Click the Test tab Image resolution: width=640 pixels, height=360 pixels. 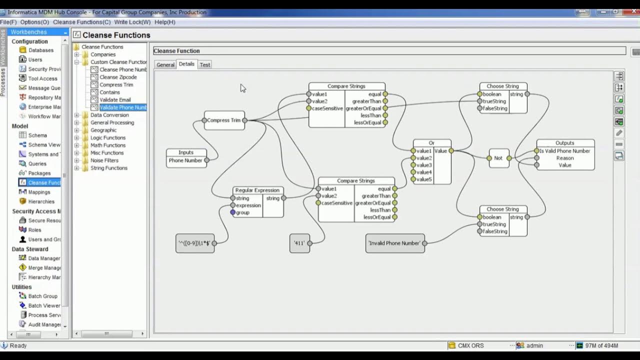205,64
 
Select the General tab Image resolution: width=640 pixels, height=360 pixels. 165,64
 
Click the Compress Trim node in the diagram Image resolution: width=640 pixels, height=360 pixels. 224,120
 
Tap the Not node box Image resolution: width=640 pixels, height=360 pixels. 498,158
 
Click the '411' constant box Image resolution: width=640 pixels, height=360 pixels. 299,243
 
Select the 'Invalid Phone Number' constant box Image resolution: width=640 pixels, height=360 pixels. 394,243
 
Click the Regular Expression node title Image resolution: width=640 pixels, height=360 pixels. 257,190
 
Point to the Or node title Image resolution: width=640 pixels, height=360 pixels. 431,143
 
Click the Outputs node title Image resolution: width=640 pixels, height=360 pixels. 565,143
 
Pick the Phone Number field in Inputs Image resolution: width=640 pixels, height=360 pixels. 185,160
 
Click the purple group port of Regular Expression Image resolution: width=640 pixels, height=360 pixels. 233,212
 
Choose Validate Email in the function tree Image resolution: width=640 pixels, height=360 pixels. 115,100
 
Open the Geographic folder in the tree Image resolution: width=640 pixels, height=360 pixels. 103,130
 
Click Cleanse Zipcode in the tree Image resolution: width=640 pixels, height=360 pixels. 118,77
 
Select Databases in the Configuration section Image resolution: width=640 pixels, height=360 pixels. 40,50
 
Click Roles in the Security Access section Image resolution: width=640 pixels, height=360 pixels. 34,230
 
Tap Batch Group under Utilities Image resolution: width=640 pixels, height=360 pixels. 42,296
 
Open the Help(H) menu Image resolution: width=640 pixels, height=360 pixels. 165,22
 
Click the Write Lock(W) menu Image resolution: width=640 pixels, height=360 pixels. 132,22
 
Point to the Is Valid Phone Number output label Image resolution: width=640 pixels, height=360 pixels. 564,151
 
